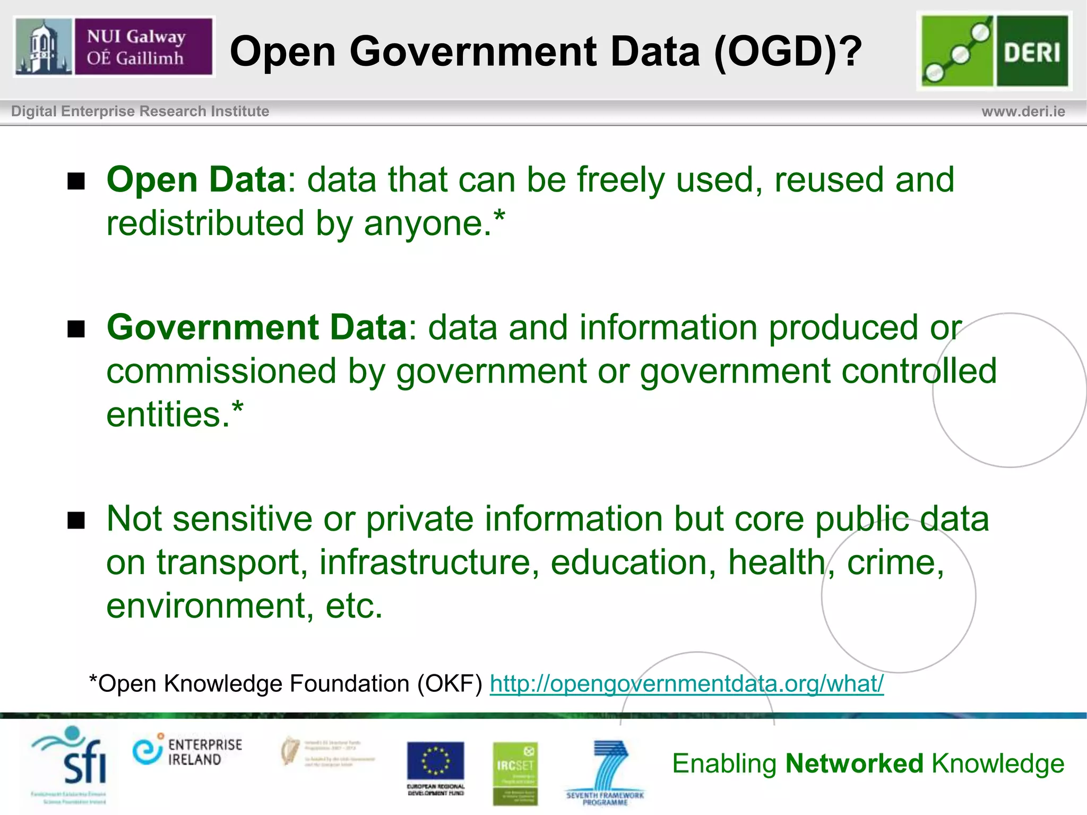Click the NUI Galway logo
point(114,47)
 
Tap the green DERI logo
point(995,51)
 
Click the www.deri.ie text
point(1023,111)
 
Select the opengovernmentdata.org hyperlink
point(686,683)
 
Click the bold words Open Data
point(196,179)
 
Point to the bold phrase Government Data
point(257,327)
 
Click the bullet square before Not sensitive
point(76,521)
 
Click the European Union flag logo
point(435,762)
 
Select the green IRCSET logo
point(515,773)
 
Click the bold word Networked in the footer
point(855,764)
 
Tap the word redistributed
point(205,223)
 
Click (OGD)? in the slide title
point(788,51)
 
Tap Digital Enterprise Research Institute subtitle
point(140,111)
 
